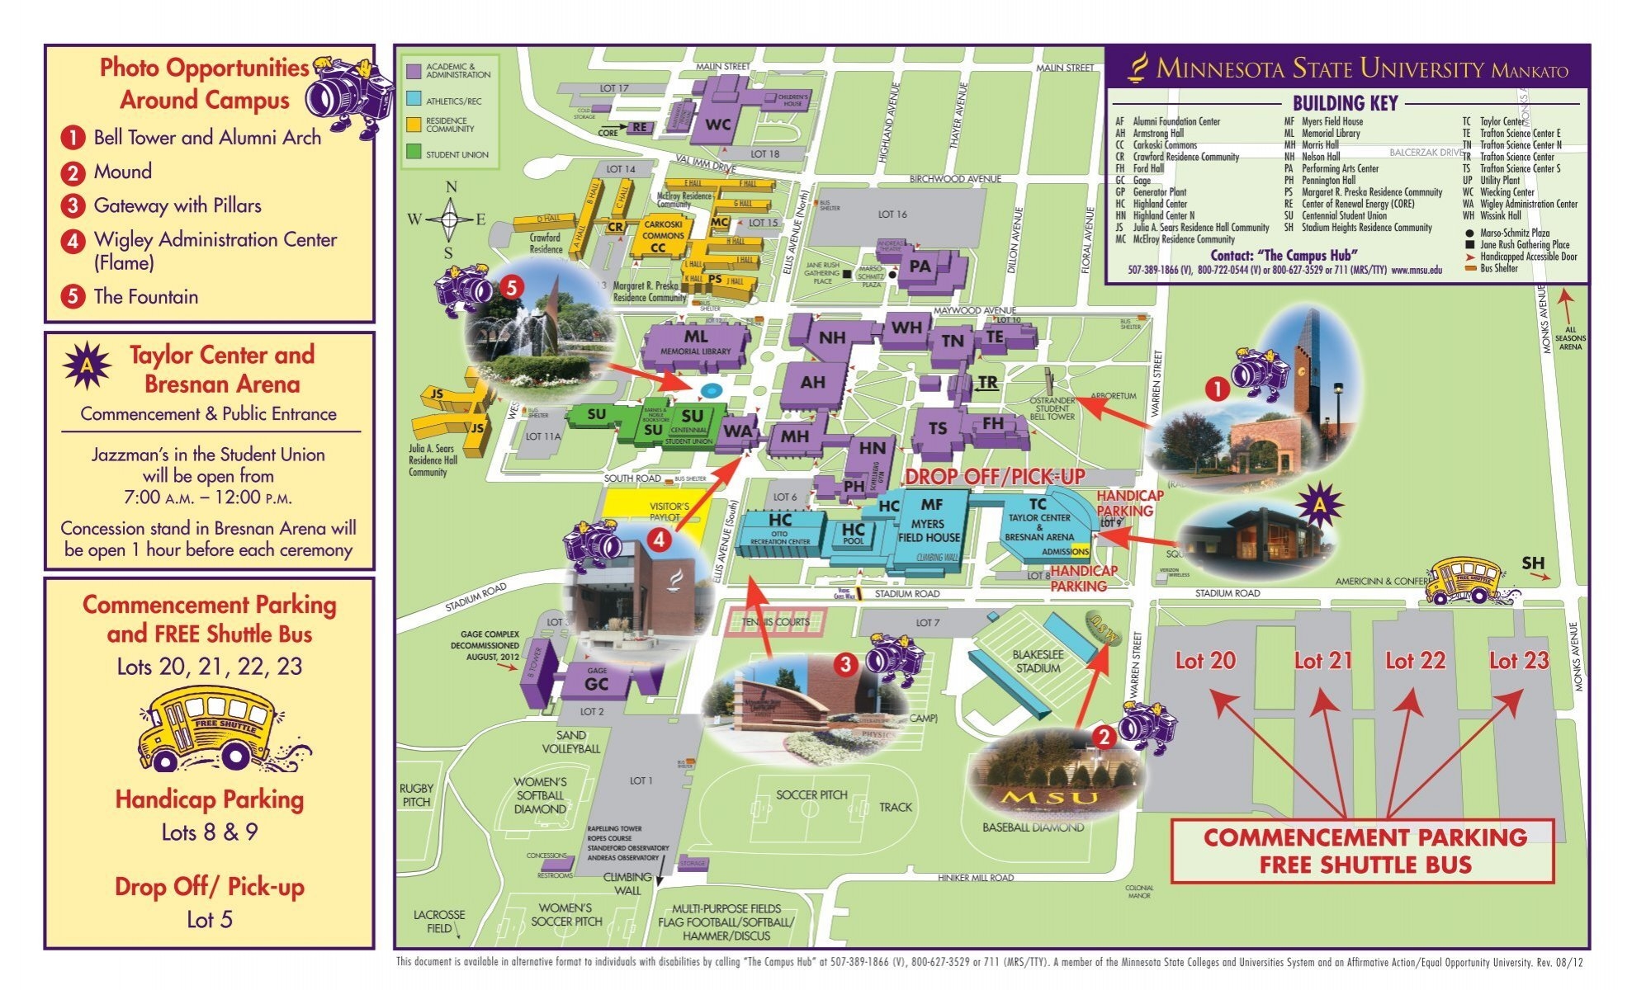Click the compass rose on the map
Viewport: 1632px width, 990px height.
click(x=450, y=219)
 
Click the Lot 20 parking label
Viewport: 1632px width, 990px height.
click(x=1205, y=660)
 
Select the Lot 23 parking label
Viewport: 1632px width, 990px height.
click(x=1518, y=660)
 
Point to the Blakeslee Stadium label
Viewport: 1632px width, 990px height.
click(x=1037, y=660)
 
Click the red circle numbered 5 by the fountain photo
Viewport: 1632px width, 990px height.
click(x=511, y=287)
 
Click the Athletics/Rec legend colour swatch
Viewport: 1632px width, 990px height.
click(x=414, y=100)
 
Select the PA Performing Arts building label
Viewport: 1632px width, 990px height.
click(x=920, y=266)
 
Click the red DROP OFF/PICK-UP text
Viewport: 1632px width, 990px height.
click(x=995, y=477)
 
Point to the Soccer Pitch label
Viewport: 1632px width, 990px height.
click(x=811, y=794)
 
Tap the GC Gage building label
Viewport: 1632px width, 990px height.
click(x=596, y=683)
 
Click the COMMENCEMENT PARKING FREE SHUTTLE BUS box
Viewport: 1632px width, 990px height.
click(x=1364, y=851)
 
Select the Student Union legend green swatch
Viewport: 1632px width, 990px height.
click(x=414, y=153)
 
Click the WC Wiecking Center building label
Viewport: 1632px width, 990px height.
click(x=718, y=125)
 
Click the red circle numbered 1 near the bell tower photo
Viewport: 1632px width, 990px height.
click(x=1218, y=389)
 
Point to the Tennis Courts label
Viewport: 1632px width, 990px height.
click(x=775, y=622)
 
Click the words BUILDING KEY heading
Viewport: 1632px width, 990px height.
click(x=1344, y=103)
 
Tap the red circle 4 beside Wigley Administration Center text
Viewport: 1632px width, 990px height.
click(x=73, y=241)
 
